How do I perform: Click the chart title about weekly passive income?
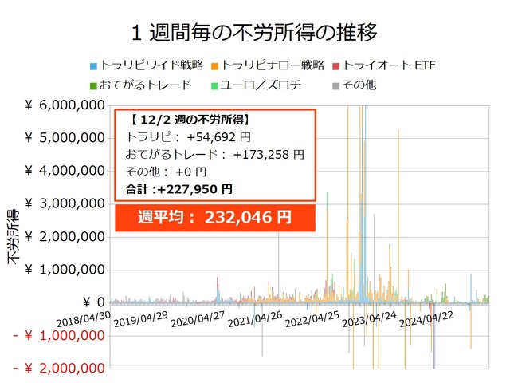click(x=254, y=33)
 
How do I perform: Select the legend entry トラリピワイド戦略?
click(x=147, y=65)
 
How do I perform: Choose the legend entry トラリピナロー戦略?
click(x=268, y=65)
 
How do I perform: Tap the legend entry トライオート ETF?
click(x=384, y=65)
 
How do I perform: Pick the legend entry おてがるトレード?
click(x=141, y=85)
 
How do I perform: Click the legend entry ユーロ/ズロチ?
click(x=256, y=85)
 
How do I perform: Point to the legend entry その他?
click(x=355, y=85)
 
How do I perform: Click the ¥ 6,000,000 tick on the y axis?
click(x=65, y=105)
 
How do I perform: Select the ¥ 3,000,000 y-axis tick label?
click(x=65, y=204)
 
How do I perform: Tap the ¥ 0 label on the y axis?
click(x=94, y=302)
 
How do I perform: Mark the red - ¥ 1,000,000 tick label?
click(x=59, y=335)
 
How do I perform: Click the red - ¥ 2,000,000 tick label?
click(x=59, y=369)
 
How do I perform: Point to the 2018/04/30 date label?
click(x=84, y=319)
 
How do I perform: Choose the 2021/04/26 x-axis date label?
click(x=255, y=319)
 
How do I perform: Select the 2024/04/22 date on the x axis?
click(x=426, y=319)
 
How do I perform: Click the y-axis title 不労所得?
click(x=14, y=237)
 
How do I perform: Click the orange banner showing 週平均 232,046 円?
click(x=215, y=218)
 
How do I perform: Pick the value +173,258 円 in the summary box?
click(x=269, y=155)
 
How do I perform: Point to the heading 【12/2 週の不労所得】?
click(x=190, y=120)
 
